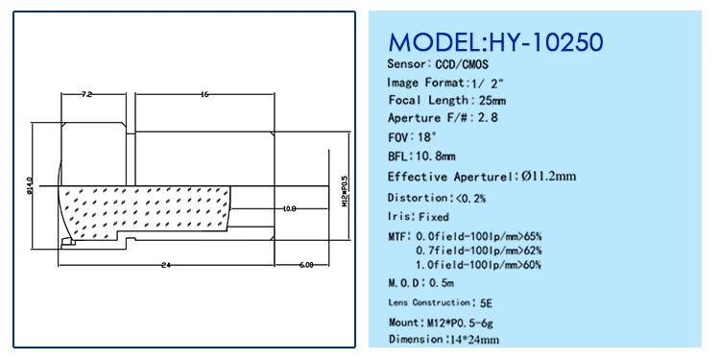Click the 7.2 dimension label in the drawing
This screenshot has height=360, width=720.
[86, 94]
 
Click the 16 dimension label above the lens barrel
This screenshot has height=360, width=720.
[206, 94]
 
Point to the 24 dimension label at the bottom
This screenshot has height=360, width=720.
[166, 264]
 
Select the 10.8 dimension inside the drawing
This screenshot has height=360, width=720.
[289, 207]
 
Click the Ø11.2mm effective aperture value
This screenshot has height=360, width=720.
[547, 176]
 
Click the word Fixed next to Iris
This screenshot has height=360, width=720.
[433, 217]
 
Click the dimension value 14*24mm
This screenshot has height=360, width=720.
[476, 339]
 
